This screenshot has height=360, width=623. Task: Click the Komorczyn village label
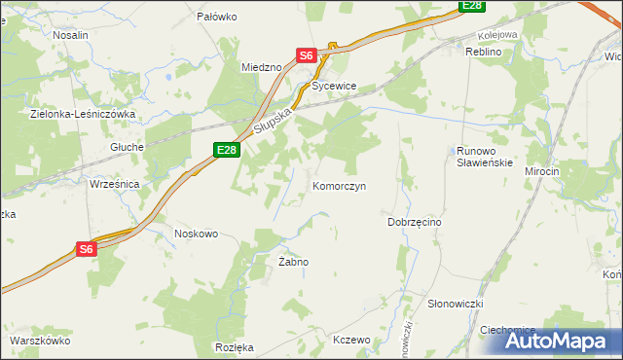click(x=339, y=186)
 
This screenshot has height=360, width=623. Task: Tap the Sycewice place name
click(x=335, y=87)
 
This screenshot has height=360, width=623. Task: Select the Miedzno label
click(x=261, y=67)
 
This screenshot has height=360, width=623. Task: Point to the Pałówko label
click(x=217, y=17)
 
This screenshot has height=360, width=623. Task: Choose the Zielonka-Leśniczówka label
click(x=83, y=114)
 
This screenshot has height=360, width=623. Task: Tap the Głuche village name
click(x=128, y=147)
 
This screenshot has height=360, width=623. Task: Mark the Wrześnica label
click(x=115, y=184)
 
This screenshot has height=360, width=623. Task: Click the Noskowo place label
click(x=196, y=234)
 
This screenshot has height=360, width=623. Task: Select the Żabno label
click(x=293, y=263)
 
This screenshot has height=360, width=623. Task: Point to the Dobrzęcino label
click(x=415, y=223)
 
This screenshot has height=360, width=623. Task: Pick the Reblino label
click(x=483, y=52)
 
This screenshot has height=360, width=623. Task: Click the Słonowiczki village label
click(x=456, y=305)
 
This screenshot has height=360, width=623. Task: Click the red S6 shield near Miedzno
click(x=307, y=56)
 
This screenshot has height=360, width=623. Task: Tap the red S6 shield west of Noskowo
click(x=87, y=249)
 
